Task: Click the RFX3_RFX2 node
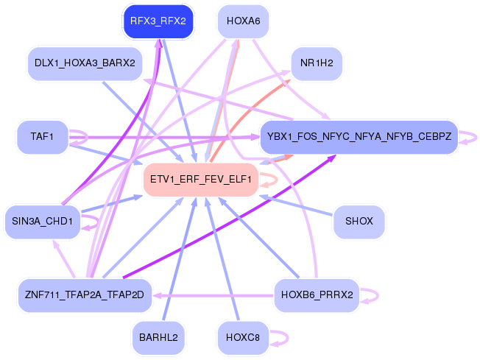(x=158, y=21)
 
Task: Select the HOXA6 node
(x=244, y=21)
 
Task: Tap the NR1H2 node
(x=317, y=63)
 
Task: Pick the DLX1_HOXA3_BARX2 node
(x=84, y=63)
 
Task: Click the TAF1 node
(x=42, y=136)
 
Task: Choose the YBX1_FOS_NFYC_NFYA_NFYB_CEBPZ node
(x=359, y=136)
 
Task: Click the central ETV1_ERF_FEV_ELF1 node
(x=200, y=179)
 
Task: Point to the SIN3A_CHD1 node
(x=42, y=221)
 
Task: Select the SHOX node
(x=359, y=221)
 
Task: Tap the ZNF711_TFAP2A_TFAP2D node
(x=84, y=295)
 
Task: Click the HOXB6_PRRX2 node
(x=317, y=295)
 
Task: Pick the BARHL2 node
(x=158, y=337)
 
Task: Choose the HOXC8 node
(x=244, y=337)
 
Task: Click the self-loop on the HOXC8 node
(x=279, y=338)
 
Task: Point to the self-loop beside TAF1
(x=79, y=136)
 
